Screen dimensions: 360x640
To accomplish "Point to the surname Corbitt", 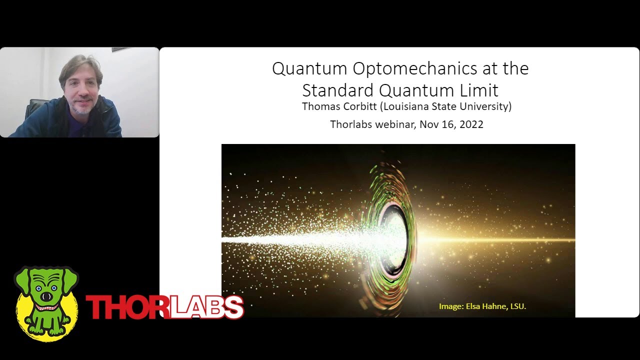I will pos(365,106).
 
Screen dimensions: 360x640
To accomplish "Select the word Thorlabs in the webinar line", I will pos(352,124).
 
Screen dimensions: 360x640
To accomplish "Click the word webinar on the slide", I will pos(396,124).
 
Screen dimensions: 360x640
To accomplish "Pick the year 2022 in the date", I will pos(470,124).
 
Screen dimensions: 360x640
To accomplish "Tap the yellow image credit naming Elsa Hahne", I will pos(482,306).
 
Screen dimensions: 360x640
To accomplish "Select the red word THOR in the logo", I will pos(125,307).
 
